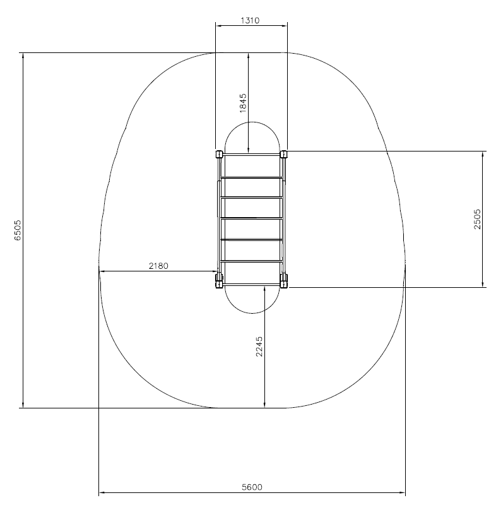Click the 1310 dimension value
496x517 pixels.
coord(250,20)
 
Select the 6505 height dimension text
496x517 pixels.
coord(18,230)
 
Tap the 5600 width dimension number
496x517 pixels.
coord(252,487)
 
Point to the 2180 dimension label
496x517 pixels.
coord(158,266)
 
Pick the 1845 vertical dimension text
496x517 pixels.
coord(243,103)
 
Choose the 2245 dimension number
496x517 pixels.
coord(259,346)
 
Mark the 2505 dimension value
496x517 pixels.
coord(477,219)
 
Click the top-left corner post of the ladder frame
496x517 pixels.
coord(219,154)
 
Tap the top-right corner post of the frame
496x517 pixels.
coord(283,154)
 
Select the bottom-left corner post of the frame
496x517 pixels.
coord(219,280)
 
